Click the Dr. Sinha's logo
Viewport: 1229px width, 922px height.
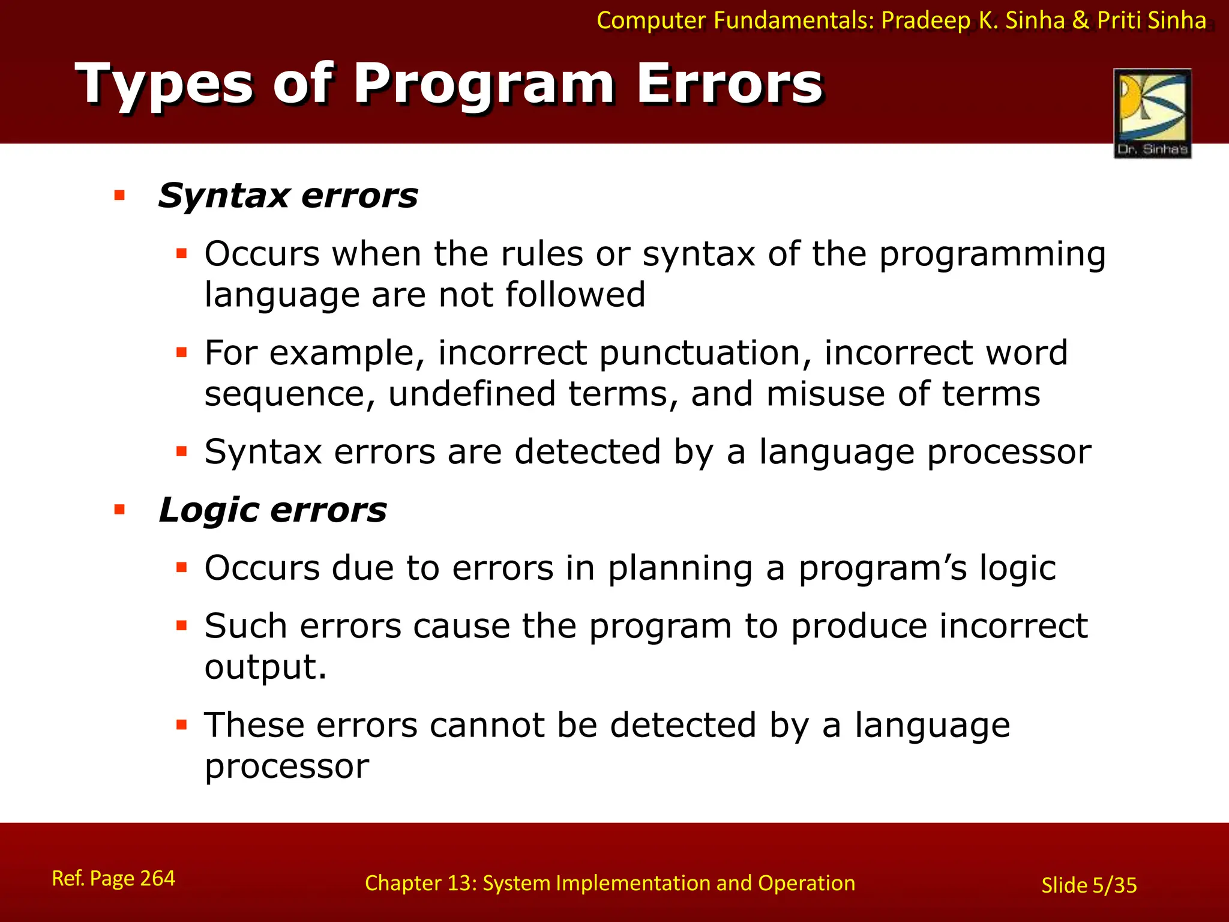point(1152,113)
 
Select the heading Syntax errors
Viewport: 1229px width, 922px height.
point(287,196)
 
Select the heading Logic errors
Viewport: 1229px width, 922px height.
point(272,510)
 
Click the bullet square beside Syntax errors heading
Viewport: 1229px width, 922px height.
point(119,195)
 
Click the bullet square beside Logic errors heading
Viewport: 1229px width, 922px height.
point(119,510)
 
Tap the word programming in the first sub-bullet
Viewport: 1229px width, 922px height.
point(992,255)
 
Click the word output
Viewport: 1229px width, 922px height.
point(265,667)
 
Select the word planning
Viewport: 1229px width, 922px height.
point(680,568)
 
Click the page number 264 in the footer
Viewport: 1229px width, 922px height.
point(157,878)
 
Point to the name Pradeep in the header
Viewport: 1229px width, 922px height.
point(925,20)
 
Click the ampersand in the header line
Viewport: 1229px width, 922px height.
point(1080,20)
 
